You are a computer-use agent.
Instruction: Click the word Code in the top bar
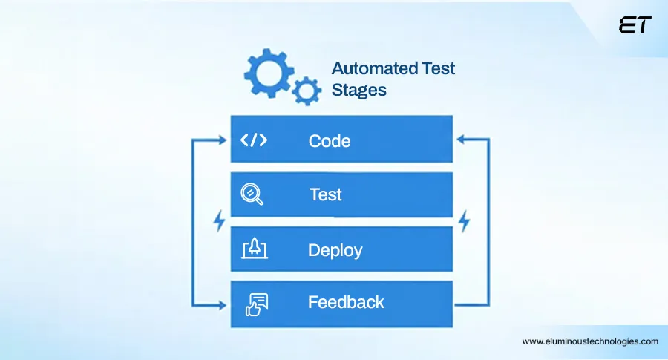coord(330,140)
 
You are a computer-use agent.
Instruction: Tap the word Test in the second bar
coord(326,194)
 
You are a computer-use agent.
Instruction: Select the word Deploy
coord(335,250)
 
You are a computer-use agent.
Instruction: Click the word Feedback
coord(346,302)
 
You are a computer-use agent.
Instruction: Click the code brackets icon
coord(255,140)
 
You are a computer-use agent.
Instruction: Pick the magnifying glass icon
coord(252,194)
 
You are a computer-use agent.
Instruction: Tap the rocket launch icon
coord(254,249)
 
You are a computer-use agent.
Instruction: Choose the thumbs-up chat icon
coord(255,303)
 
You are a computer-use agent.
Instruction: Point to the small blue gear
coord(305,91)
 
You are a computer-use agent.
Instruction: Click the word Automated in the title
coord(374,69)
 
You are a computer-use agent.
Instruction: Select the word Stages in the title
coord(358,91)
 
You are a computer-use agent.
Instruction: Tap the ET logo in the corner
coord(635,24)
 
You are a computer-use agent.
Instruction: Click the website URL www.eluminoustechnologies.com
coord(590,341)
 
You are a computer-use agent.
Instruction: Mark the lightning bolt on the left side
coord(218,220)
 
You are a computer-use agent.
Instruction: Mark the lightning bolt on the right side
coord(465,220)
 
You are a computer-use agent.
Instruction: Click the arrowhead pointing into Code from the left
coord(224,139)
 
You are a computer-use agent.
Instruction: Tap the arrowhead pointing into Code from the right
coord(460,139)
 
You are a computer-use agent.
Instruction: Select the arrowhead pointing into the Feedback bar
coord(224,304)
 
